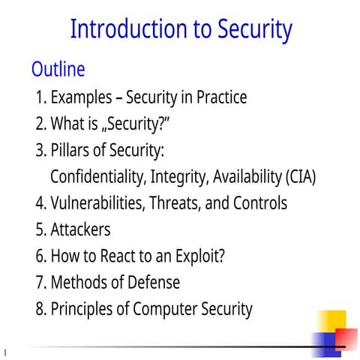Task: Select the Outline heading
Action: pyautogui.click(x=58, y=70)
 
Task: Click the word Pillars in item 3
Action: pyautogui.click(x=71, y=151)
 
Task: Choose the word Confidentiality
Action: pyautogui.click(x=97, y=178)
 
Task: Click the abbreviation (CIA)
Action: pyautogui.click(x=301, y=178)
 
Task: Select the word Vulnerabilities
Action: pyautogui.click(x=98, y=203)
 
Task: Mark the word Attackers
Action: pyautogui.click(x=80, y=229)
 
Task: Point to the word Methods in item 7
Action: pyautogui.click(x=78, y=282)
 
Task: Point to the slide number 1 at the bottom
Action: pyautogui.click(x=4, y=351)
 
